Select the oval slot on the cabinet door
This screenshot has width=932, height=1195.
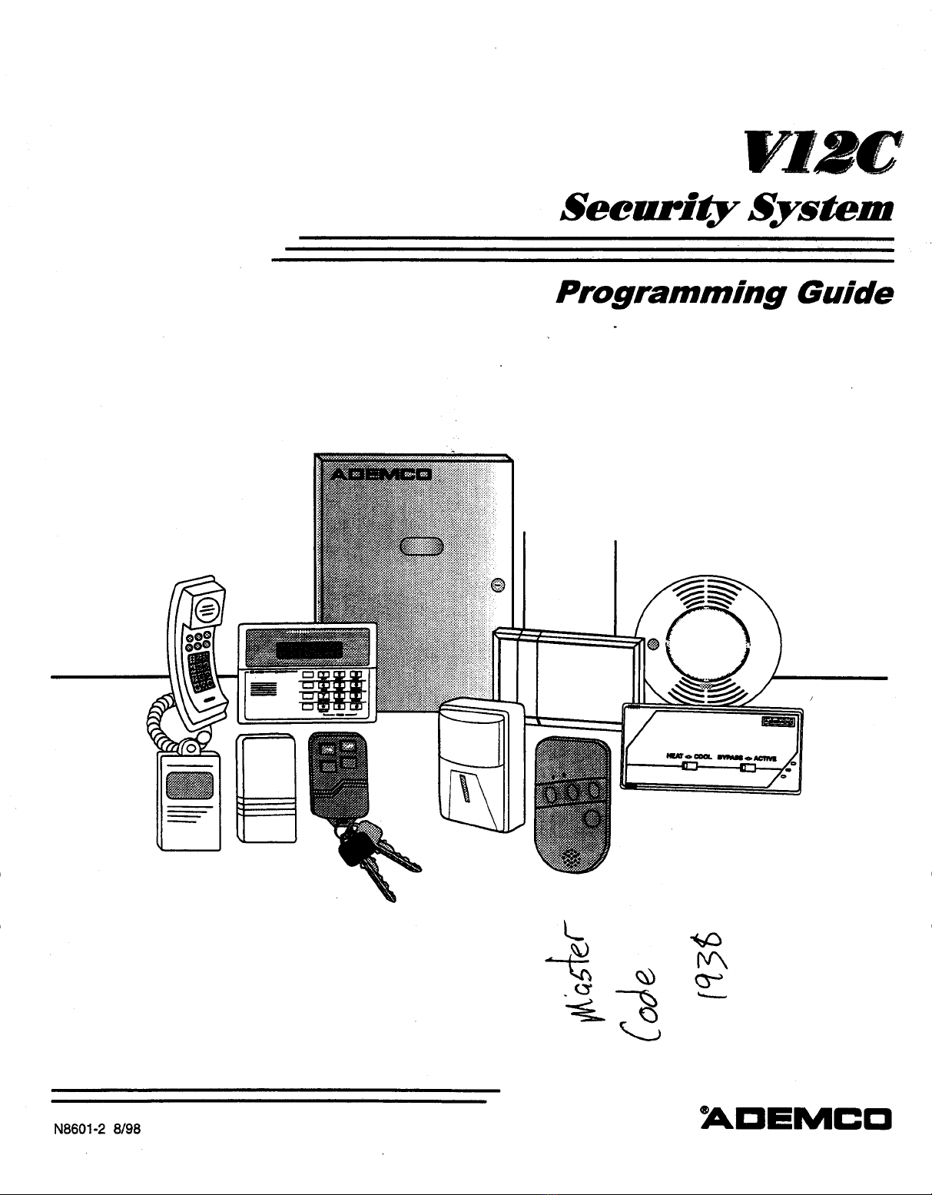tap(421, 546)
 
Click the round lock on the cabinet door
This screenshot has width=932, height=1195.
tap(497, 586)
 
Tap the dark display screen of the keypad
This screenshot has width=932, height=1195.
tap(309, 650)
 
